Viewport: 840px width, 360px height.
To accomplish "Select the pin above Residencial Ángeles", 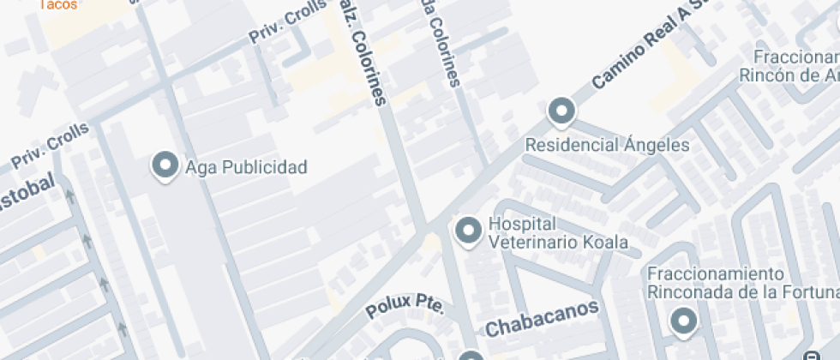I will point(561,111).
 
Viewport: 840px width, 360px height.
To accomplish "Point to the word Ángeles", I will point(657,145).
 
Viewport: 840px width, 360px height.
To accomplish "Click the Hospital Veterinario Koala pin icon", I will point(468,231).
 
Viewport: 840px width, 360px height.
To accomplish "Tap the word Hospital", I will point(518,225).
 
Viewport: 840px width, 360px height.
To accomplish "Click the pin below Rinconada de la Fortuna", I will point(683,321).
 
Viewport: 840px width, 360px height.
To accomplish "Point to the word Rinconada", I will point(689,291).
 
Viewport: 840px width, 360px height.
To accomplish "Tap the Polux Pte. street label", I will point(405,307).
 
